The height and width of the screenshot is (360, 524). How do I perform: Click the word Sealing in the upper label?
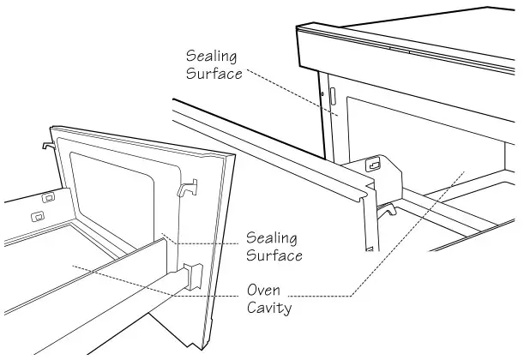point(211,56)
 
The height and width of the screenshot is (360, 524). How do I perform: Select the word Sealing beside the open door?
point(274,237)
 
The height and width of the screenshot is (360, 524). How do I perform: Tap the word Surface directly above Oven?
point(274,255)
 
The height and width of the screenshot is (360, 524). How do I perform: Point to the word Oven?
point(264,290)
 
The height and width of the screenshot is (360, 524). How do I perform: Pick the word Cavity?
point(269,308)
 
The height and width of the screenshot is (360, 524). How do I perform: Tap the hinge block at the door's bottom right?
point(192,277)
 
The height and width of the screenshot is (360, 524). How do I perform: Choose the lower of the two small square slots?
point(37,215)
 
